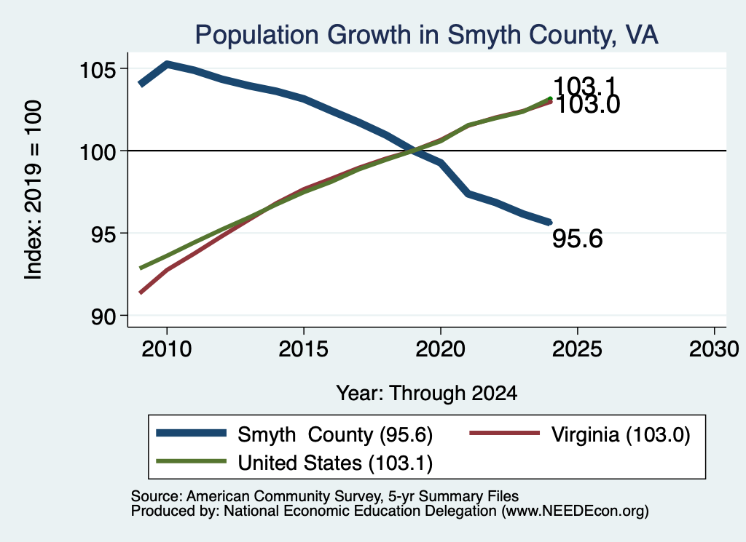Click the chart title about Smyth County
pos(427,35)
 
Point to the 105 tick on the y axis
pos(98,71)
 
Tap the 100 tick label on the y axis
pos(98,153)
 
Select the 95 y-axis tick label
pos(103,235)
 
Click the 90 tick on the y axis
pos(103,317)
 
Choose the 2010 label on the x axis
pos(167,349)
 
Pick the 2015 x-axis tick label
pos(304,349)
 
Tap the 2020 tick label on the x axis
pos(441,349)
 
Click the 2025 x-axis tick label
pos(577,349)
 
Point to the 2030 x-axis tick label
pos(714,349)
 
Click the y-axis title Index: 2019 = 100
pos(34,190)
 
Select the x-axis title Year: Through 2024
pos(427,394)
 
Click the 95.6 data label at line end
pos(578,239)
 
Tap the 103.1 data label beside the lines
pos(585,87)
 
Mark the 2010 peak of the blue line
pos(167,63)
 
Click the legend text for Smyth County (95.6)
pos(335,434)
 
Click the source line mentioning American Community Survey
pos(324,496)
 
